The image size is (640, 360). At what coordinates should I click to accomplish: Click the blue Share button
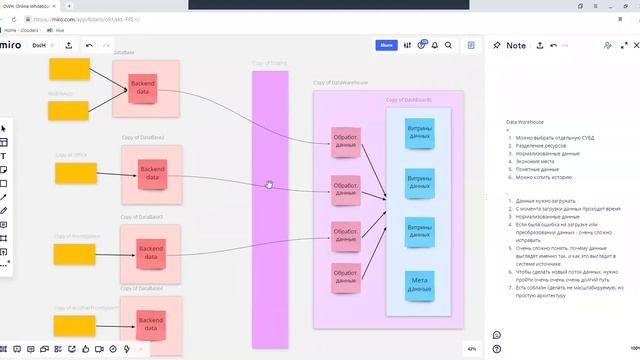pyautogui.click(x=386, y=45)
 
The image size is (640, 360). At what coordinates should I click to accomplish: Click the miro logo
pyautogui.click(x=11, y=45)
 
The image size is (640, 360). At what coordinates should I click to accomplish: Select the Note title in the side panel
pyautogui.click(x=516, y=45)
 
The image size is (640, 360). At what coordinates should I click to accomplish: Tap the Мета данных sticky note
pyautogui.click(x=420, y=285)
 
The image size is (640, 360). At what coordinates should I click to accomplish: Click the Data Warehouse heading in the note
pyautogui.click(x=525, y=121)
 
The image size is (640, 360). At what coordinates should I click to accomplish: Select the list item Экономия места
pyautogui.click(x=536, y=161)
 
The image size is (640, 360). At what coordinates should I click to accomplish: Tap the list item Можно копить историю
pyautogui.click(x=544, y=177)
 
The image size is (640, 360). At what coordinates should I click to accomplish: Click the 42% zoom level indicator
pyautogui.click(x=471, y=349)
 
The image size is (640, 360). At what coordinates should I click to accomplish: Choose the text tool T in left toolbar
pyautogui.click(x=4, y=156)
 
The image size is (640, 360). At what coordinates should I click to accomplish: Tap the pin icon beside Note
pyautogui.click(x=497, y=45)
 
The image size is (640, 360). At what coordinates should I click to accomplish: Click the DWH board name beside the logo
pyautogui.click(x=39, y=45)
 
